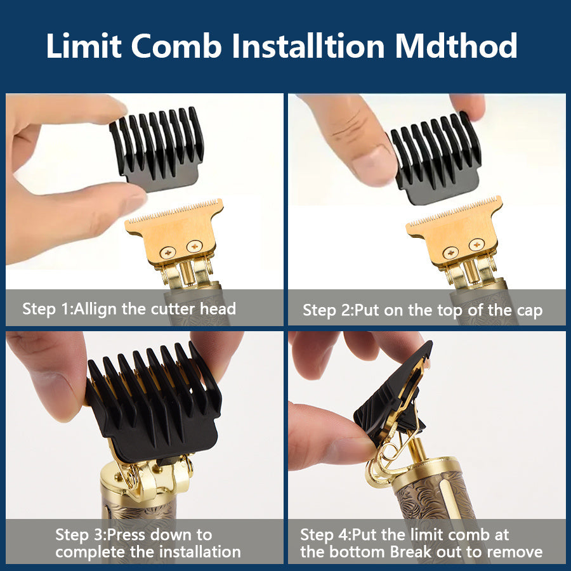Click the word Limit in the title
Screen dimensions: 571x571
[83, 46]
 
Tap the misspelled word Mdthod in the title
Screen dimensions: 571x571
[456, 46]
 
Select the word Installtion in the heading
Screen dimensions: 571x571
[308, 46]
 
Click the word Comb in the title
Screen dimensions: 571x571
[176, 46]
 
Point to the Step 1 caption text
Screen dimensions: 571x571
[129, 309]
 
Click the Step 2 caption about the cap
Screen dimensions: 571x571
[423, 310]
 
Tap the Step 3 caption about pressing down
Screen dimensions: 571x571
[148, 543]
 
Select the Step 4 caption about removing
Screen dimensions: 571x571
[421, 543]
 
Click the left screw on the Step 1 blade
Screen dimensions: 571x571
[168, 252]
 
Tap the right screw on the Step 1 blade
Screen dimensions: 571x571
[195, 246]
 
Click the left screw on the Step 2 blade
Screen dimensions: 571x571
[450, 253]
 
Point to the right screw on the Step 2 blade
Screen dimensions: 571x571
[476, 244]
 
